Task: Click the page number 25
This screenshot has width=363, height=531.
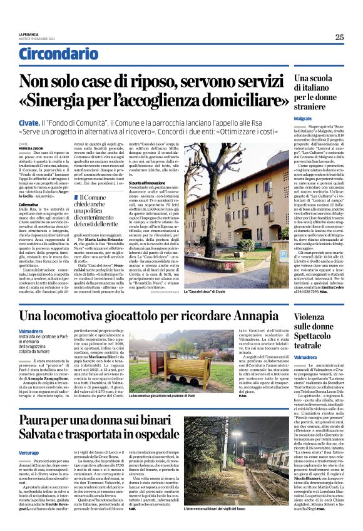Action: (x=339, y=37)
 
